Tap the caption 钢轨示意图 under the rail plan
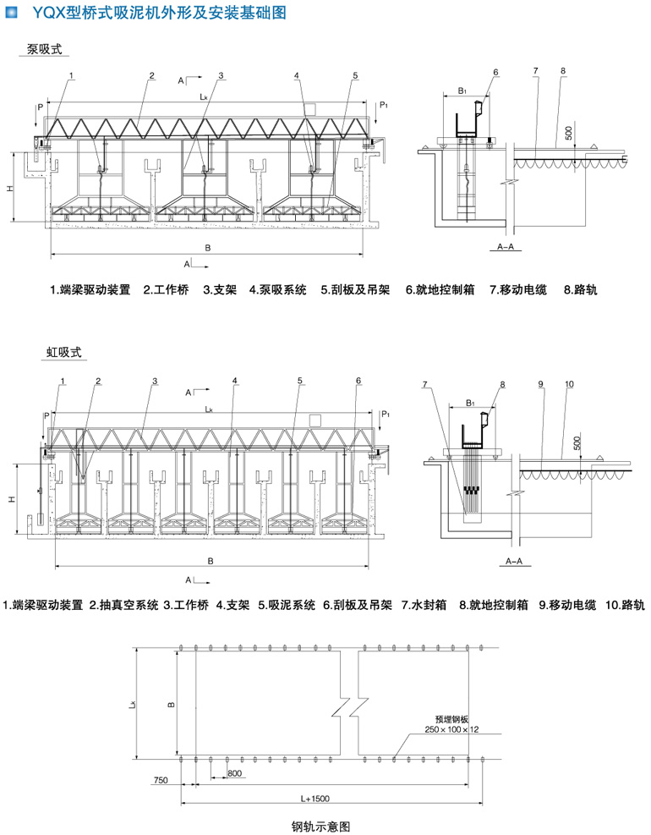320,825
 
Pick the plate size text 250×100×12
452,728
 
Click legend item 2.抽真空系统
124,605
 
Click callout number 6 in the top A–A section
496,72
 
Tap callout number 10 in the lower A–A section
569,385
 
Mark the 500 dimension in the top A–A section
568,133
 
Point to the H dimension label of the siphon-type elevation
12,500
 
